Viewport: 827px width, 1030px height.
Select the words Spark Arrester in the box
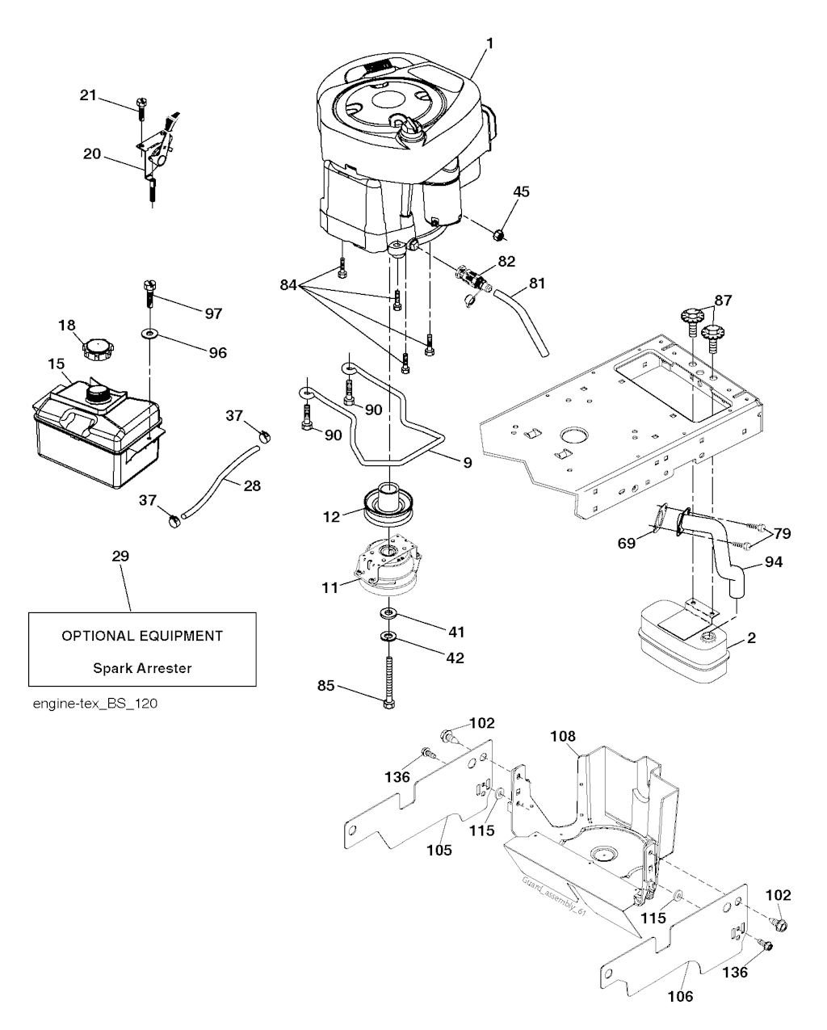pos(142,668)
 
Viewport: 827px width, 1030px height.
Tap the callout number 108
pos(563,736)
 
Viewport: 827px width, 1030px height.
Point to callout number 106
pos(680,996)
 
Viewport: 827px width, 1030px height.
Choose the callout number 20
pos(92,153)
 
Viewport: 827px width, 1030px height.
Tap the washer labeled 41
pos(389,616)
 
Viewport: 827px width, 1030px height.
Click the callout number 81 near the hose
pos(537,284)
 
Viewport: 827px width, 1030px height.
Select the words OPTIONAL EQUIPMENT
pos(142,636)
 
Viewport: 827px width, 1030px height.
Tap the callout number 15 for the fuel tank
pos(56,364)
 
